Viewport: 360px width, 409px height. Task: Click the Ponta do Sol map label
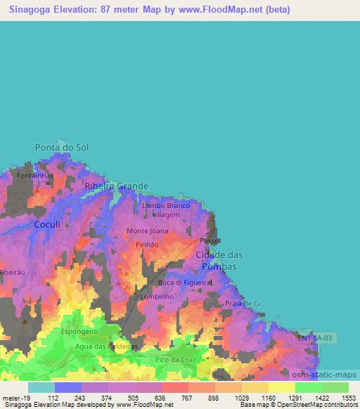click(x=62, y=148)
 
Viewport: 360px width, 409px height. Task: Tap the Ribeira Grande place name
click(x=116, y=186)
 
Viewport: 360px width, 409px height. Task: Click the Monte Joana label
click(x=148, y=231)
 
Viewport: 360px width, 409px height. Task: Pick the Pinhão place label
click(x=147, y=245)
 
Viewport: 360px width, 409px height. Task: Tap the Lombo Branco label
click(x=167, y=205)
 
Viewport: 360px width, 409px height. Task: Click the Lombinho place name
click(x=156, y=297)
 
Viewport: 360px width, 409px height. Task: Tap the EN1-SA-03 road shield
click(x=316, y=338)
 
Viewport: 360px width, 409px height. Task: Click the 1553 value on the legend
click(x=345, y=397)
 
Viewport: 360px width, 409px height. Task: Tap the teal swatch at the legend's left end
click(x=41, y=387)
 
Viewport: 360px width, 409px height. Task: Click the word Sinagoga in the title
click(x=32, y=11)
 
